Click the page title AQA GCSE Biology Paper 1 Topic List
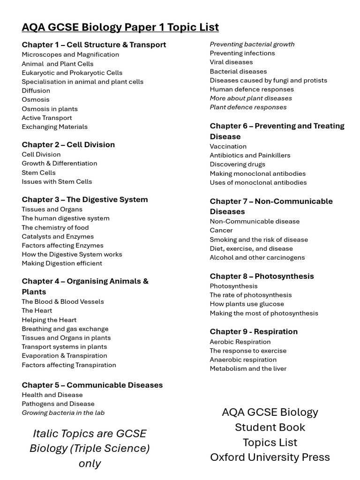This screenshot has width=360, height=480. click(x=120, y=27)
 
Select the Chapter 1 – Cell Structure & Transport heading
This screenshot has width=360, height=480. click(x=94, y=45)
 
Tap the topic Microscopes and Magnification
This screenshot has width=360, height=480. click(x=70, y=54)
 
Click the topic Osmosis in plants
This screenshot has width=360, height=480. click(x=50, y=109)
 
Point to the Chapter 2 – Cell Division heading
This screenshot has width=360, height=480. click(x=68, y=144)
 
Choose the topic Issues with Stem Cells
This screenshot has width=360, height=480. click(x=57, y=181)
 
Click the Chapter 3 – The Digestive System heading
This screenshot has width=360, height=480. click(x=84, y=199)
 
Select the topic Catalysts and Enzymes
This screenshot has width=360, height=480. click(x=58, y=236)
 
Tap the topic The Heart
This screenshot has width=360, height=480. click(x=37, y=310)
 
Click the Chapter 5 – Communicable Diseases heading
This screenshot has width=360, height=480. click(x=92, y=385)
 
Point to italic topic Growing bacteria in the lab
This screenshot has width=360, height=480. click(x=63, y=412)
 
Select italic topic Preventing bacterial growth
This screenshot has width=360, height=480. click(x=252, y=44)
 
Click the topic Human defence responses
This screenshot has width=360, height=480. click(x=252, y=89)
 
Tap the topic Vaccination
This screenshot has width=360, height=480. click(x=228, y=146)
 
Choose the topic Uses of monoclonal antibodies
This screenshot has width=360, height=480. click(x=258, y=182)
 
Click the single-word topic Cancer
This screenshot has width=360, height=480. click(x=221, y=230)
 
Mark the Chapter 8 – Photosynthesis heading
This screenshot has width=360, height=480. click(x=262, y=276)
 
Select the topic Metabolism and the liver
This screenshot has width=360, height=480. click(x=248, y=368)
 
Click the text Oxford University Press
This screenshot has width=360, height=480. click(x=270, y=457)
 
